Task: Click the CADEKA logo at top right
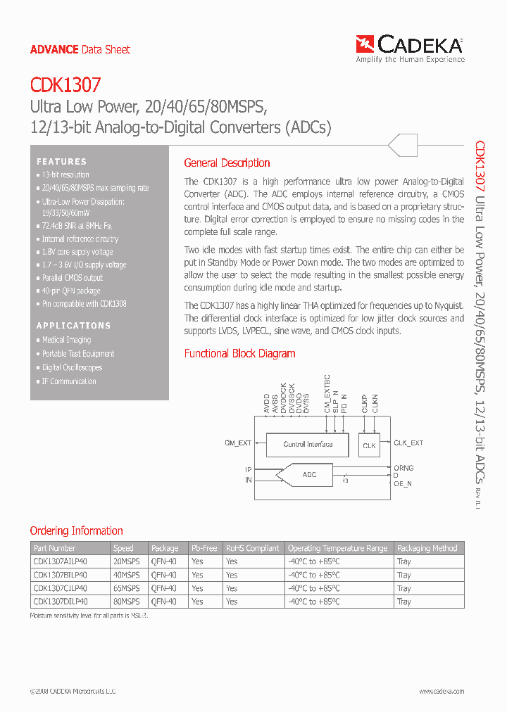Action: (x=410, y=48)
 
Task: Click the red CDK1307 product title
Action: (x=65, y=86)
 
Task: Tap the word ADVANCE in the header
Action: (x=54, y=49)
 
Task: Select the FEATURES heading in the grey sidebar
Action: (x=62, y=162)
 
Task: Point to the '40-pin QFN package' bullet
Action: (x=71, y=291)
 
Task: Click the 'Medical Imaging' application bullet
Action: (x=66, y=340)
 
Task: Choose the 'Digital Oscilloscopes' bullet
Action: (x=72, y=367)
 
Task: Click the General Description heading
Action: (x=227, y=163)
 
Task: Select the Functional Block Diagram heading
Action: (x=239, y=354)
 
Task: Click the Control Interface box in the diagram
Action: (x=307, y=445)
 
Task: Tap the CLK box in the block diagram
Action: (x=369, y=445)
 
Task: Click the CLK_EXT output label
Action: (x=408, y=443)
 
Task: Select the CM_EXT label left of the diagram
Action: (x=238, y=443)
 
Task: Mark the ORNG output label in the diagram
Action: (x=403, y=468)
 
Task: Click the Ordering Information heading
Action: (x=76, y=531)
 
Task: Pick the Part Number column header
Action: (x=54, y=548)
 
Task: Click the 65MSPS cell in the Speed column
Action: (x=127, y=588)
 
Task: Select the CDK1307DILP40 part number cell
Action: (x=61, y=602)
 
